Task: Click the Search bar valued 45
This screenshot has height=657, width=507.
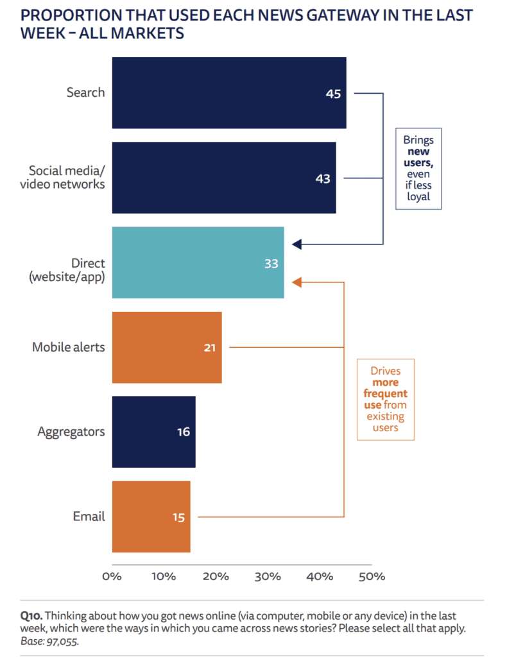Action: [229, 92]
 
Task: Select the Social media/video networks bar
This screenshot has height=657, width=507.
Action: [224, 178]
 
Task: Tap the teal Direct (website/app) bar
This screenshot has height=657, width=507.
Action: [198, 262]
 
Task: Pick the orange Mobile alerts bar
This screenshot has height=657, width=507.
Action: [167, 347]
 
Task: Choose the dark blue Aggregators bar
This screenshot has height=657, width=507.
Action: [154, 432]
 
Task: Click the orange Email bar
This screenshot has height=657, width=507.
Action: [151, 516]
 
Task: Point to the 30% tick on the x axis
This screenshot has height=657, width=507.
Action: [268, 577]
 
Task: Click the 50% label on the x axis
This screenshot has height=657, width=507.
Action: [372, 577]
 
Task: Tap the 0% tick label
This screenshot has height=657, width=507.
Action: [112, 577]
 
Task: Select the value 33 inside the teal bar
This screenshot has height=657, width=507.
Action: [271, 264]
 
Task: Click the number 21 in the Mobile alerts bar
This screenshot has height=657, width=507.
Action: [209, 348]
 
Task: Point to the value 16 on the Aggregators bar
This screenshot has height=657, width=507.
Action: [184, 432]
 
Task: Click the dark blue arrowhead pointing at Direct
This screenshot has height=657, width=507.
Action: [296, 244]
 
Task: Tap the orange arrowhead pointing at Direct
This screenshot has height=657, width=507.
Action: [296, 282]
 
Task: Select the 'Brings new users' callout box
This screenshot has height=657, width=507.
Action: [418, 169]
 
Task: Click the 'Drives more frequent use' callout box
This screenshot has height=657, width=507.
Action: [386, 399]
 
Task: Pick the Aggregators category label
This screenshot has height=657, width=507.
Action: [71, 432]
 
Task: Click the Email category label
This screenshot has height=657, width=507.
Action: [89, 516]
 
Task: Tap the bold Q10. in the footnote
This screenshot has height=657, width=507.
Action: [31, 616]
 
